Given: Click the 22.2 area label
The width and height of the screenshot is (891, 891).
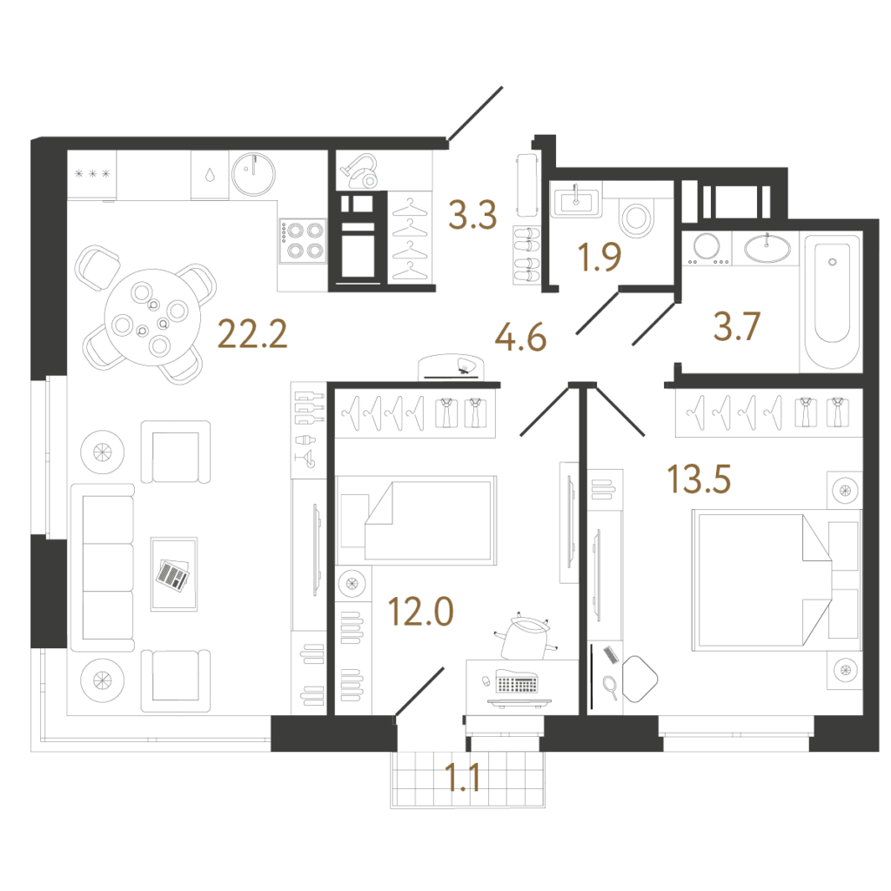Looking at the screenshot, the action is point(252,333).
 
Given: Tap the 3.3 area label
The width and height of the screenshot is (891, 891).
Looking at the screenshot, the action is point(472,215).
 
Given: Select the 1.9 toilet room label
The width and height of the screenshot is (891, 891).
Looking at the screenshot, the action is point(599,257).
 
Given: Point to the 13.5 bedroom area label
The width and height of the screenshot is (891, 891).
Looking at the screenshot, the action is point(699,479).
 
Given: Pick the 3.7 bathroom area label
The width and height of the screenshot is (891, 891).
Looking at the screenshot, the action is point(737,327).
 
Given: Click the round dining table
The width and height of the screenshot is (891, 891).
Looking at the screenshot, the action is point(153,317).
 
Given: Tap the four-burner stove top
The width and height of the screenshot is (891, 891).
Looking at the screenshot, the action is point(302,241).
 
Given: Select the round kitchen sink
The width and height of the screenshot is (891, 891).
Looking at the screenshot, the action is point(253,174).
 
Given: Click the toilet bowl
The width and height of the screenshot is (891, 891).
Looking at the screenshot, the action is point(636,216).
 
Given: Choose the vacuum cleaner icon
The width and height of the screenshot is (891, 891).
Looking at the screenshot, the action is point(360,171).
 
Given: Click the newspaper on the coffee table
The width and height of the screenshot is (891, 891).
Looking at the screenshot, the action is point(173,575).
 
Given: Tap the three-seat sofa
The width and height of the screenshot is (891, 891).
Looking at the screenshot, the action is point(103,567).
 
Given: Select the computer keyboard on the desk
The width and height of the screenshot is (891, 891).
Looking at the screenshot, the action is point(517,681).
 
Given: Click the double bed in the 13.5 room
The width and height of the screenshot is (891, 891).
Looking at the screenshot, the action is point(776,579).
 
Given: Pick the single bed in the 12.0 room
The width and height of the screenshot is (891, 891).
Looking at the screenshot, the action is point(416,520).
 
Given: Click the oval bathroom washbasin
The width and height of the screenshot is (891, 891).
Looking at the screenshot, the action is point(767,248).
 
